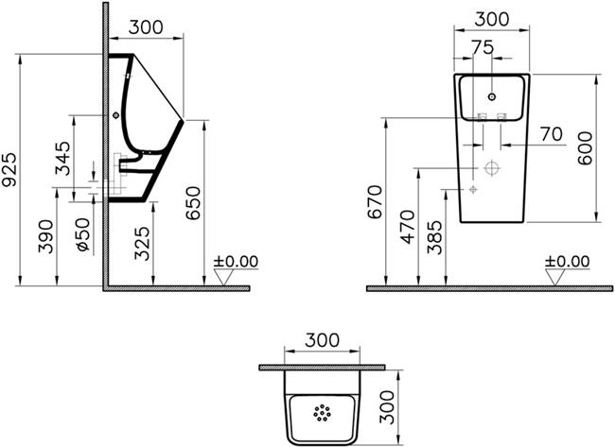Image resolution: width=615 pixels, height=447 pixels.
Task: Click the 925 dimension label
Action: coord(9,169)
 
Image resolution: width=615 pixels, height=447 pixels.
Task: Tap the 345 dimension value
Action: coord(62,158)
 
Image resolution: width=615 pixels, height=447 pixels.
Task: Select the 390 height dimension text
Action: coord(45,236)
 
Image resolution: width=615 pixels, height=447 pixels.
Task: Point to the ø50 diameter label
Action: coord(82,233)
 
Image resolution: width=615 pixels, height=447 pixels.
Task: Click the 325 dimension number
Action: coord(142,243)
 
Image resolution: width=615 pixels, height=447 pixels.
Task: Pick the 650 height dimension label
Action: coord(193,203)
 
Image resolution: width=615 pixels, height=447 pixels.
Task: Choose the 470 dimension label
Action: coord(407,227)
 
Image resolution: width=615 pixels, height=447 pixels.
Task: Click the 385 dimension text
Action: coord(434,238)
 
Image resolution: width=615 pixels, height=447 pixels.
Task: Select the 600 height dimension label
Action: coord(585,148)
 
